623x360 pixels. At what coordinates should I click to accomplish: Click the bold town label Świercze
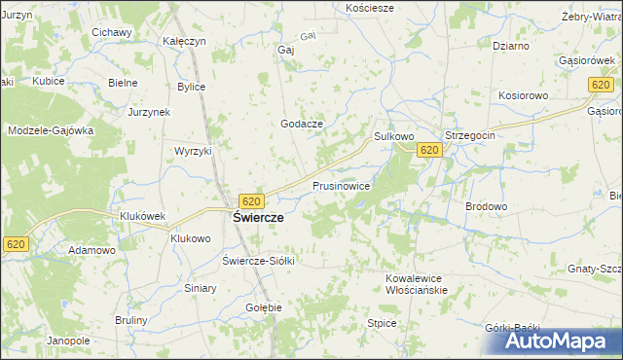pos(258,218)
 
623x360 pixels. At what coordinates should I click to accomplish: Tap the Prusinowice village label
pos(341,184)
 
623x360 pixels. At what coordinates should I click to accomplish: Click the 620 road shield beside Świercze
pos(251,201)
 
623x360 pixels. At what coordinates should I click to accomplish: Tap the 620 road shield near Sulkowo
pos(430,150)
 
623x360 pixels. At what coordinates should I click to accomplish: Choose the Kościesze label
pos(370,7)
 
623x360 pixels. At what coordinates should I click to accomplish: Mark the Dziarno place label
pos(510,46)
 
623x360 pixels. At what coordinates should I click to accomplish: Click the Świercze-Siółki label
pos(258,261)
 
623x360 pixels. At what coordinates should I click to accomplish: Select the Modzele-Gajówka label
pos(51,130)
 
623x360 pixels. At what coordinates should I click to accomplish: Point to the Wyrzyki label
pos(193,152)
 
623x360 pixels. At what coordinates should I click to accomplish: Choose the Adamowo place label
pos(92,250)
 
